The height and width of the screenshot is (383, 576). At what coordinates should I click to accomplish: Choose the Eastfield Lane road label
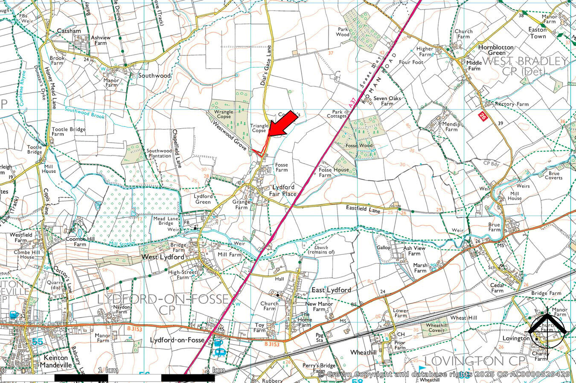click(x=363, y=210)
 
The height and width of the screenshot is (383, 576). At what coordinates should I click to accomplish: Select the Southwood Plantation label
click(x=159, y=153)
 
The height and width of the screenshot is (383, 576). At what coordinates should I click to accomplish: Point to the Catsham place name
click(x=69, y=31)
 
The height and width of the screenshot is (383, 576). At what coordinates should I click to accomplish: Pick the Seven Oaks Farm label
click(x=387, y=101)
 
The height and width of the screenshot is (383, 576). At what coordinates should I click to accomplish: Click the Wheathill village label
click(x=363, y=352)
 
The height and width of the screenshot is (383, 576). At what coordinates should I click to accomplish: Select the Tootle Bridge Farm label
click(x=68, y=132)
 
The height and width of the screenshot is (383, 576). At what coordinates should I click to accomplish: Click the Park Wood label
click(x=343, y=32)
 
